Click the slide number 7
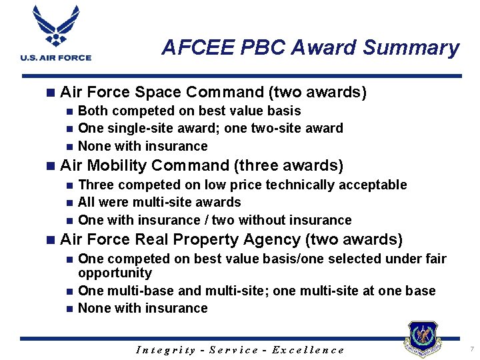pyautogui.click(x=471, y=349)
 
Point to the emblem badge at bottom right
pyautogui.click(x=423, y=339)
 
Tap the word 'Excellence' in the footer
pyautogui.click(x=311, y=350)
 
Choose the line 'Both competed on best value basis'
pyautogui.click(x=189, y=111)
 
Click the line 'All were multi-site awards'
pyautogui.click(x=159, y=202)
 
